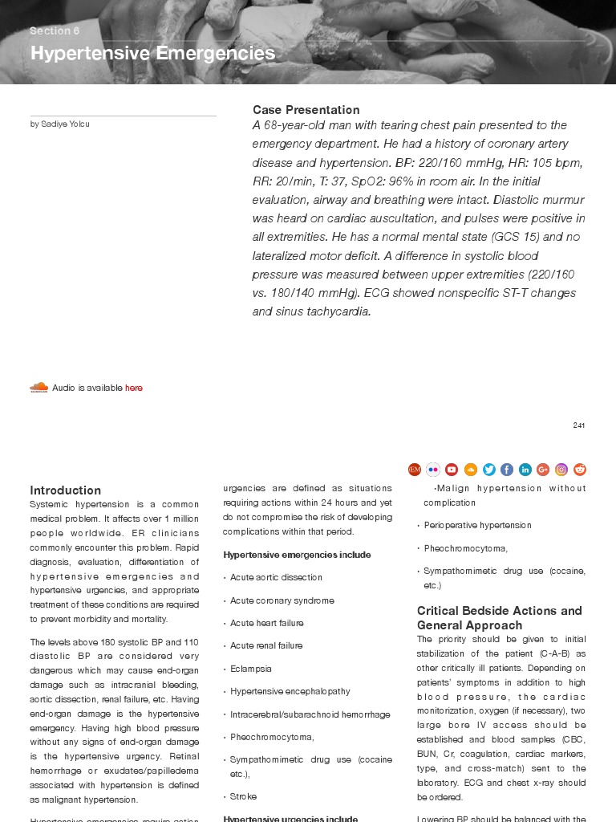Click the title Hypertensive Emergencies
tap(152, 54)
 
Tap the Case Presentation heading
tap(306, 110)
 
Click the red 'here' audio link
tap(134, 388)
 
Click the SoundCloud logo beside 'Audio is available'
tap(38, 388)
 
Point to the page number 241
tap(578, 425)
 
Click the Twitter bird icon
tap(488, 470)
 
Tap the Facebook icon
tap(507, 470)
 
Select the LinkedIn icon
tap(525, 470)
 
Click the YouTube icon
tap(452, 470)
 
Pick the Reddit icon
tap(580, 470)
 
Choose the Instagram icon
tap(561, 470)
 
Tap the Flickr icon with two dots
tap(433, 470)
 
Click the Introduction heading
tap(65, 490)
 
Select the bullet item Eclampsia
tap(250, 669)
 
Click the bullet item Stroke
tap(243, 796)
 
